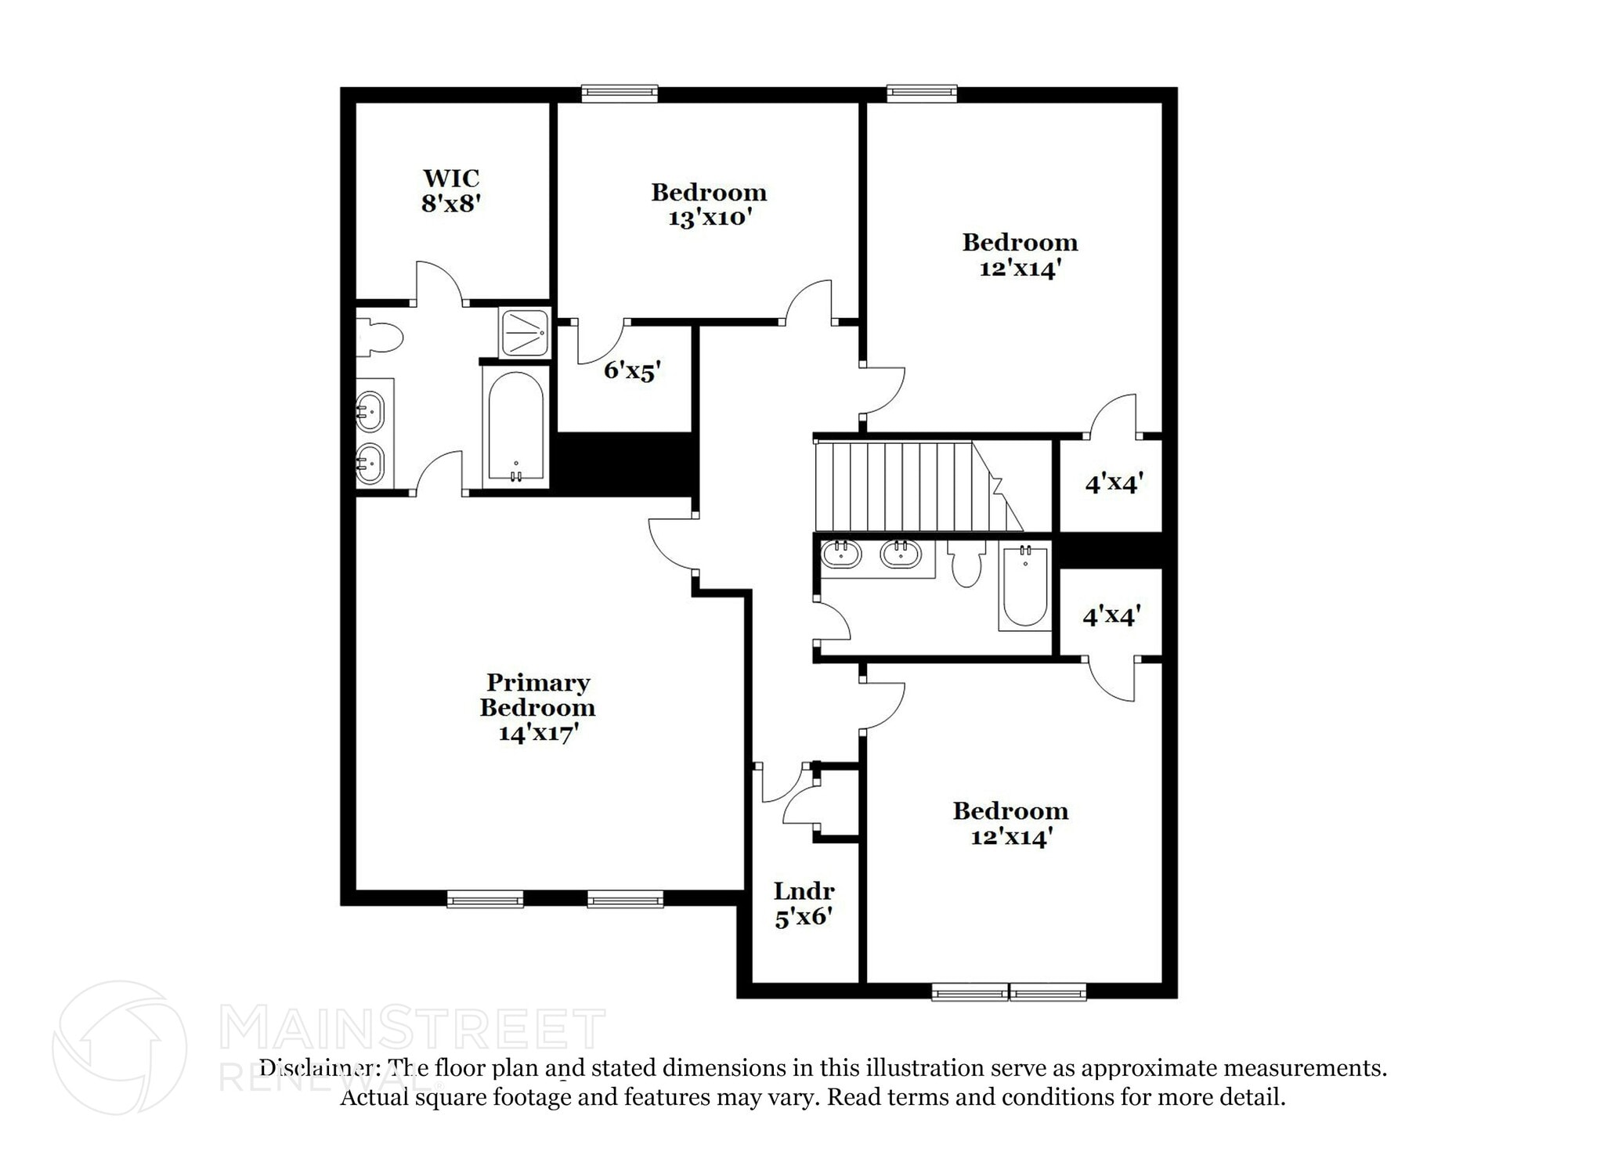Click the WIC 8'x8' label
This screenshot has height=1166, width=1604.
tap(450, 191)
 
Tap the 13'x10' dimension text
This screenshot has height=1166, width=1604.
tap(710, 218)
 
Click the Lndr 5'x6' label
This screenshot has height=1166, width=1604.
tap(804, 904)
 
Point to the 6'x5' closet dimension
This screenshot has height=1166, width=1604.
tap(633, 370)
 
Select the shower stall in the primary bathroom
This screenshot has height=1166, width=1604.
tap(524, 333)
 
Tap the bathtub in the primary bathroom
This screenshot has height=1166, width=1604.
tap(515, 428)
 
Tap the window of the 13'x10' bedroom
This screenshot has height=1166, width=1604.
tap(619, 94)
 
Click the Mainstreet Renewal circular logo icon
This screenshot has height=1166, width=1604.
tap(120, 1048)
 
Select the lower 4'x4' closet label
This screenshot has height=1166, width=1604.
tap(1111, 616)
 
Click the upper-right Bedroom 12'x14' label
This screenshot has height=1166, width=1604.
tap(1020, 254)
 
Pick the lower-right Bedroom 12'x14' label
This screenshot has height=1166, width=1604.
tap(1010, 823)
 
